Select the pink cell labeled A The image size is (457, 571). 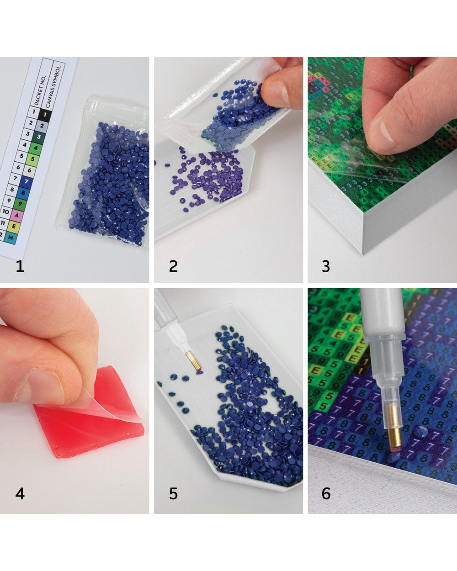click(x=17, y=214)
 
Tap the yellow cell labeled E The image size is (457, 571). click(x=14, y=225)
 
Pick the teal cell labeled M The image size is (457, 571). click(x=11, y=237)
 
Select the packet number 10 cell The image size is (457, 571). click(x=6, y=211)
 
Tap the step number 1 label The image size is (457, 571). click(x=20, y=266)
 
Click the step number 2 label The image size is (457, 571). click(x=173, y=266)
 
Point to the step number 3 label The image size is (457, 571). click(x=326, y=266)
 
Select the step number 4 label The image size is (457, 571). click(x=20, y=494)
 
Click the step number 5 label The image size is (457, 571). click(x=173, y=494)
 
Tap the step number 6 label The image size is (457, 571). click(x=326, y=494)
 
